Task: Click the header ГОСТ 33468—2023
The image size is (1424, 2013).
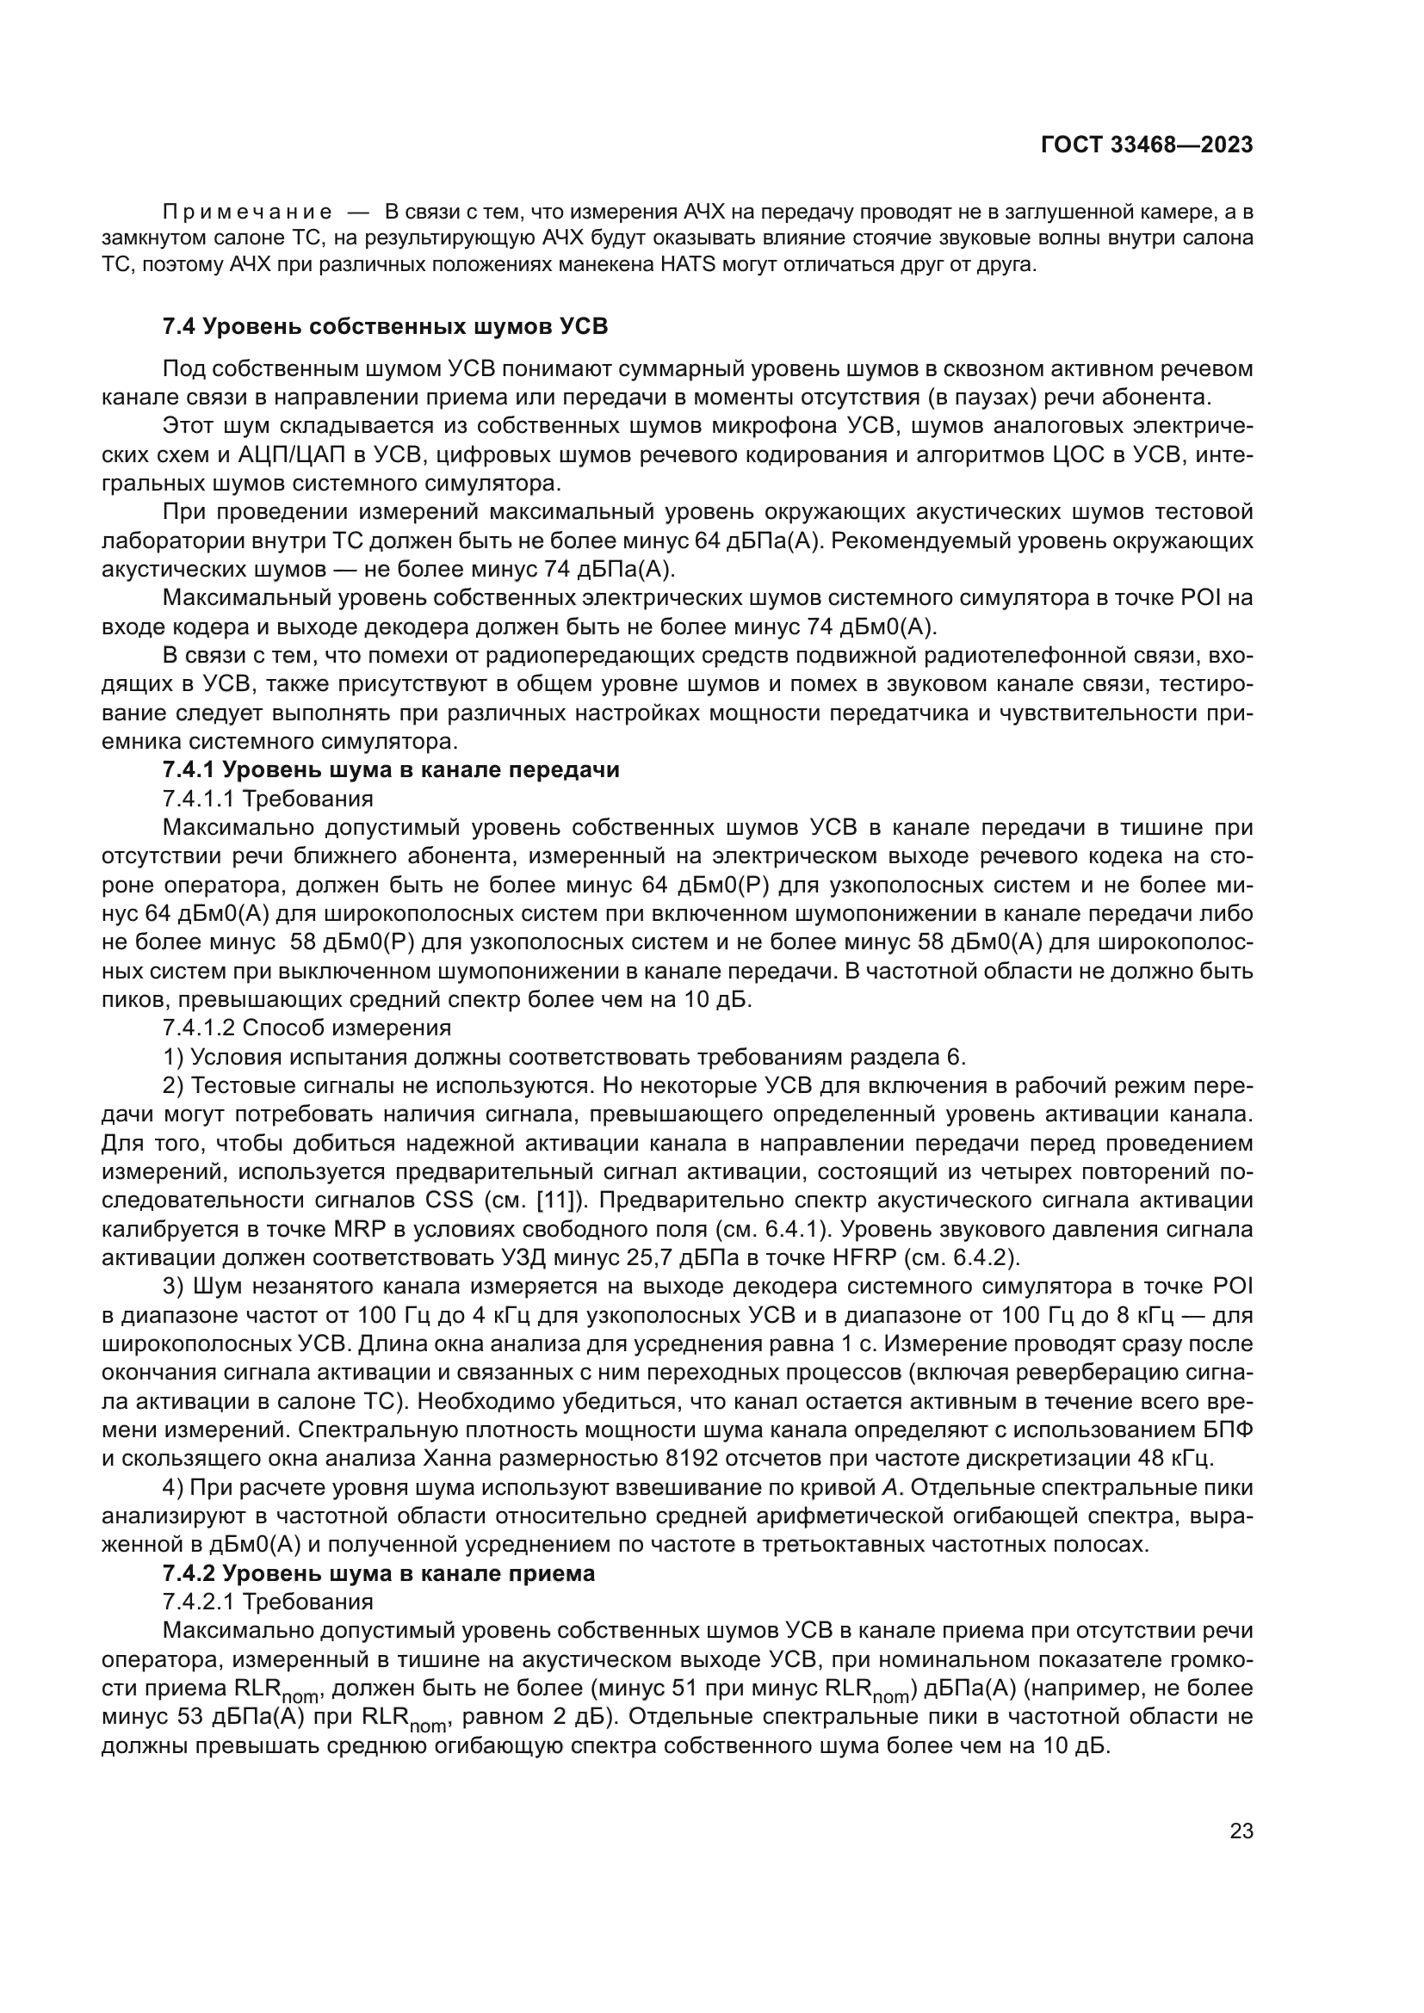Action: pos(1146,145)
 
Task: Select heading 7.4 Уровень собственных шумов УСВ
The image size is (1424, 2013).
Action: pos(385,327)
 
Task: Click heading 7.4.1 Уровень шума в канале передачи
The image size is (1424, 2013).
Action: pos(391,769)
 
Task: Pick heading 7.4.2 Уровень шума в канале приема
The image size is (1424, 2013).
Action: pos(379,1573)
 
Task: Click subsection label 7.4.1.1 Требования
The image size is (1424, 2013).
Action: pos(269,799)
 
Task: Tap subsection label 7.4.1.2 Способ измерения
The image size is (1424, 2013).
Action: pos(306,1028)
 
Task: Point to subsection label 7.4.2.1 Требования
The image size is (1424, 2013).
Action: pos(269,1602)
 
